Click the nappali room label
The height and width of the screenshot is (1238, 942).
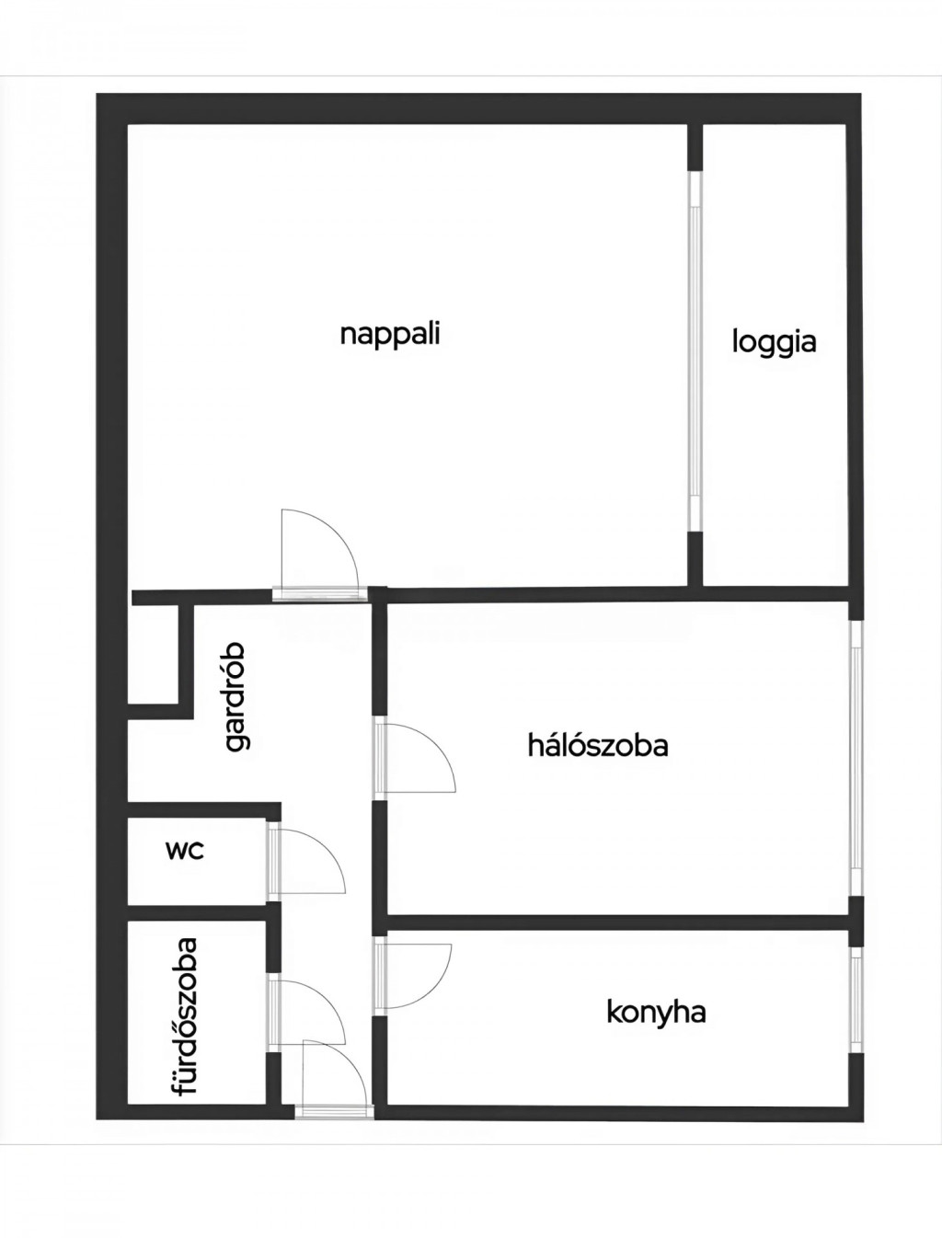390,336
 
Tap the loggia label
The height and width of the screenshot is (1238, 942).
774,342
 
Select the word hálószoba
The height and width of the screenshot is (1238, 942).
598,745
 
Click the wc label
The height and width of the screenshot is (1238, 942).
185,851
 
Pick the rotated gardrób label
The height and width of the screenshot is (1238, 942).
235,696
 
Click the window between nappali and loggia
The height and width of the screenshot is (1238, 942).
695,350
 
